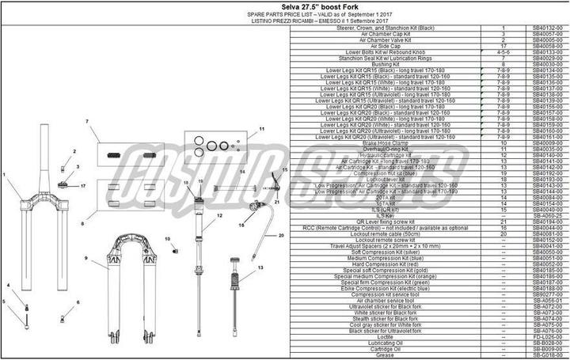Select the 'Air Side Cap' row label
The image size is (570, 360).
[386, 47]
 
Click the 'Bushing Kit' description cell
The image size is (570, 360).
[386, 64]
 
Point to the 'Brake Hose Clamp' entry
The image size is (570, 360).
[386, 142]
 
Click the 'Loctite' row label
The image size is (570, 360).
[386, 337]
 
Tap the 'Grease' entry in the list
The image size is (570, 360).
[386, 355]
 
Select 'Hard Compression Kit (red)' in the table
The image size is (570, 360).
[386, 264]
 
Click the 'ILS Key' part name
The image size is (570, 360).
[386, 215]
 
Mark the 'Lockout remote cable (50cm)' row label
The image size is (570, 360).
[386, 234]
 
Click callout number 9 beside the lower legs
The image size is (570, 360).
[86, 259]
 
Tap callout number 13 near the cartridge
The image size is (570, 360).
[259, 268]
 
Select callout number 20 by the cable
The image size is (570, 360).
[280, 236]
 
